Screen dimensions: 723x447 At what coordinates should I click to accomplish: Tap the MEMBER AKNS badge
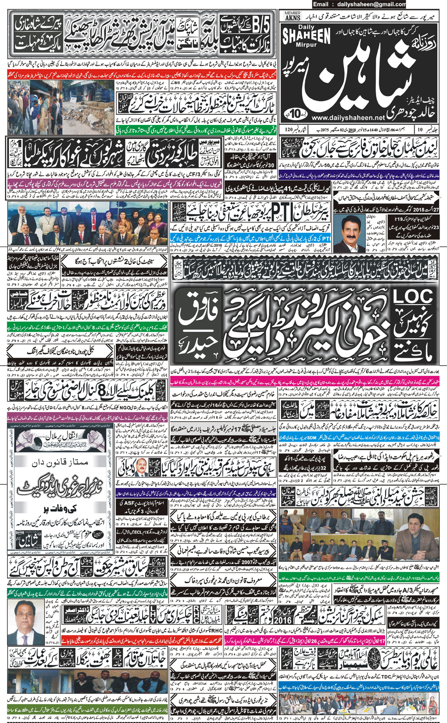pyautogui.click(x=292, y=16)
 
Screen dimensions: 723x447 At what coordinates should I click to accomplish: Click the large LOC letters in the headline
pyautogui.click(x=413, y=297)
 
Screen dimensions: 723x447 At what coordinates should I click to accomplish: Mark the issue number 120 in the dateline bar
pyautogui.click(x=289, y=130)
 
